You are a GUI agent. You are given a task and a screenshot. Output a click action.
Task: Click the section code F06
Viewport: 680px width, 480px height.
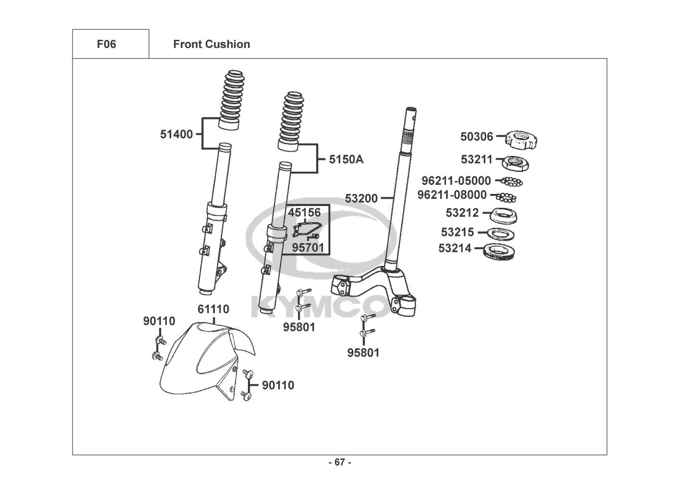coord(106,44)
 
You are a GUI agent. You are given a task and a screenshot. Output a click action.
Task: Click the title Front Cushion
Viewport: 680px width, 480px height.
coord(211,44)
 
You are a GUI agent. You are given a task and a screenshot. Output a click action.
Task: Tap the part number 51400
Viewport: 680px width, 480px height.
coord(176,134)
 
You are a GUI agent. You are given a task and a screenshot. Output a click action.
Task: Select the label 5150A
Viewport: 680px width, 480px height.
coord(346,159)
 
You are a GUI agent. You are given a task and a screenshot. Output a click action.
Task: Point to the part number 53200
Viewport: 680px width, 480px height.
coord(361,198)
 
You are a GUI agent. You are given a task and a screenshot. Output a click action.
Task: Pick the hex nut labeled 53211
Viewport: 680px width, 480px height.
coord(516,163)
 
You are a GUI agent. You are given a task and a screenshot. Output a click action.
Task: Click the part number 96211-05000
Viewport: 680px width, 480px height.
coord(457,181)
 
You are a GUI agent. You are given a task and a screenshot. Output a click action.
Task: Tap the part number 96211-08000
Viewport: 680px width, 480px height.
coord(452,195)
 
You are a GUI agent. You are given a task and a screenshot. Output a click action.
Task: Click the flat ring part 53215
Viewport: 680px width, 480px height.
coord(502,234)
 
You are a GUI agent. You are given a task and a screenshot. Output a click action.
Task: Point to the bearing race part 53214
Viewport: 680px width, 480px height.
coord(501,251)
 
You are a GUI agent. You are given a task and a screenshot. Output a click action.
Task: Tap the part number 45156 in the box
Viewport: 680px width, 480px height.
coord(304,212)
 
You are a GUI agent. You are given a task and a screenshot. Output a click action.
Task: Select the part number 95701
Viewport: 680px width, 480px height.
coord(308,248)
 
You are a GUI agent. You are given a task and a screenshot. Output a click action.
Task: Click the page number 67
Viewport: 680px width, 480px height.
coord(340,462)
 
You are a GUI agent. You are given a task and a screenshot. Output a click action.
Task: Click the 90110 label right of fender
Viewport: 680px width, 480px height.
coord(278,385)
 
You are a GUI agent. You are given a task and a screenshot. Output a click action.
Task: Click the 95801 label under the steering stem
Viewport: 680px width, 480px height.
coord(363,353)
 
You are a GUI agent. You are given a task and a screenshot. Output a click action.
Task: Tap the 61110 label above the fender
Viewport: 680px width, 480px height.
coord(213,309)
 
